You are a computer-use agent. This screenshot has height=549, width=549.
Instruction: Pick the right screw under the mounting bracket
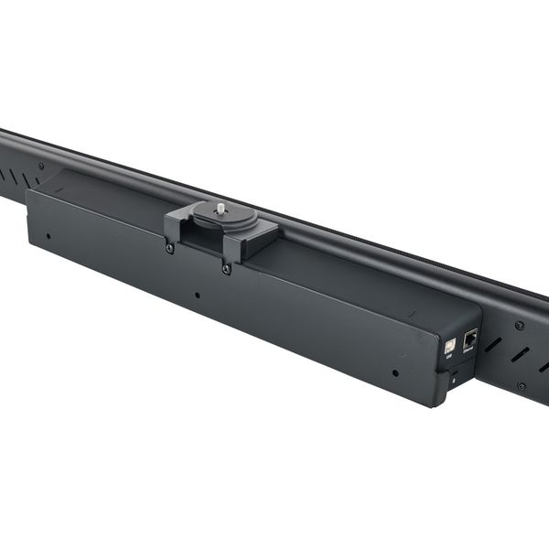[x=226, y=269]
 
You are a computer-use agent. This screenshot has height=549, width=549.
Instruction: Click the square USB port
[x=450, y=348]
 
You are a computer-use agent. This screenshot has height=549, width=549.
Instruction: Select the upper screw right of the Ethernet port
[x=519, y=325]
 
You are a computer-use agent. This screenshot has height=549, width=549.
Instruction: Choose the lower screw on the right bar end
[x=521, y=386]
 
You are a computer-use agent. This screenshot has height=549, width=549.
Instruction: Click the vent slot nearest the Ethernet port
[x=493, y=344]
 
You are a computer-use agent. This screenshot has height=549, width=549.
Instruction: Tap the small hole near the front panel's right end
[x=394, y=372]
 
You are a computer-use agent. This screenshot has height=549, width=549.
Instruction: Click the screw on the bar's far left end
[x=40, y=166]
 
